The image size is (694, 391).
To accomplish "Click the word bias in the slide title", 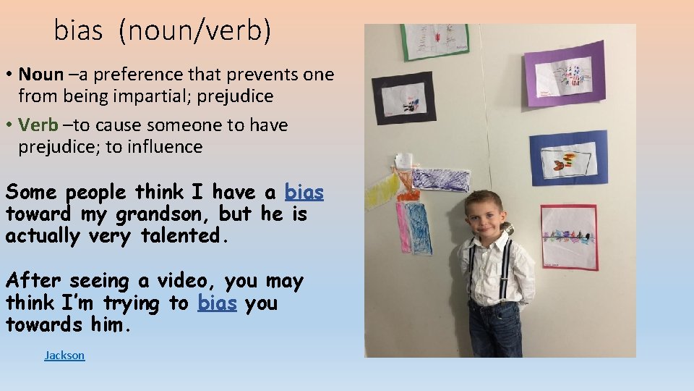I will [79, 30].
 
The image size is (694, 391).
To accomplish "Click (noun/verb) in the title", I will [195, 31].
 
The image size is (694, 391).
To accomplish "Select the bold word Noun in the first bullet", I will [40, 74].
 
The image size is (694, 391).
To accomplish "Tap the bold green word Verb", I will [38, 125].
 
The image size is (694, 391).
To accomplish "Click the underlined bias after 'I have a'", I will [304, 192].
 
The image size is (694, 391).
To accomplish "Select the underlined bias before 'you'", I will [217, 303].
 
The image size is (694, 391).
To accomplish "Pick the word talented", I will [184, 235].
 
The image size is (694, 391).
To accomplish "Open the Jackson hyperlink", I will [64, 355].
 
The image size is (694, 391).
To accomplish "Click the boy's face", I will [484, 216].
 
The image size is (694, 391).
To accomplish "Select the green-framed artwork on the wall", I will [435, 41].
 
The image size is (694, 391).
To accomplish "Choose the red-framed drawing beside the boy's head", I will [569, 237].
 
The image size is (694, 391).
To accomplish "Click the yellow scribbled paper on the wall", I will [381, 190].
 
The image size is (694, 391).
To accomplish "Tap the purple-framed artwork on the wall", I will [565, 73].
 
